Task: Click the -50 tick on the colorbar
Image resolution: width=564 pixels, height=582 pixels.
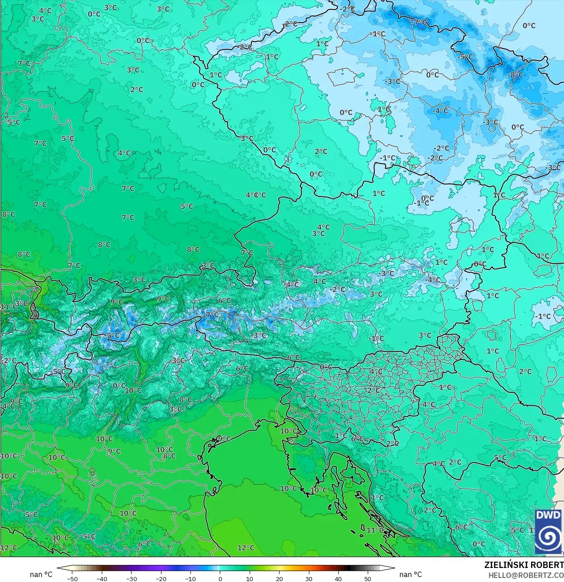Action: pyautogui.click(x=72, y=578)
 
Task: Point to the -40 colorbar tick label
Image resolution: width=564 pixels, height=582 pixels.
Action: pyautogui.click(x=102, y=578)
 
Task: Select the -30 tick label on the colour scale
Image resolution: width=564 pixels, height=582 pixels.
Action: pyautogui.click(x=131, y=578)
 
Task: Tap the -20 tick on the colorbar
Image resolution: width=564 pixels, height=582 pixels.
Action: pyautogui.click(x=161, y=578)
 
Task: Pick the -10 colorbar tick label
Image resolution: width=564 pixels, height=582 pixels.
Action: pyautogui.click(x=190, y=578)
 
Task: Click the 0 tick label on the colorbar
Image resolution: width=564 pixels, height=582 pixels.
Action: pyautogui.click(x=220, y=578)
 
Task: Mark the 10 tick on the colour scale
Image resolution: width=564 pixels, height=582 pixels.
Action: pyautogui.click(x=250, y=578)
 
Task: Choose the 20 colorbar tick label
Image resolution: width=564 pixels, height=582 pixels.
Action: pyautogui.click(x=279, y=578)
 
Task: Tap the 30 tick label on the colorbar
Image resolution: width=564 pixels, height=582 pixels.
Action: pyautogui.click(x=308, y=578)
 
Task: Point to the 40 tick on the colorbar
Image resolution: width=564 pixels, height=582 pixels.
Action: pyautogui.click(x=338, y=578)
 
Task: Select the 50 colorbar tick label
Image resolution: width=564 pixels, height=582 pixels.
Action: pyautogui.click(x=368, y=578)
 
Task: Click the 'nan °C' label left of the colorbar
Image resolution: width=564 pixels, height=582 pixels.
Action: pyautogui.click(x=41, y=574)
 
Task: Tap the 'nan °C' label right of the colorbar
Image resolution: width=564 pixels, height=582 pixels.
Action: pyautogui.click(x=410, y=574)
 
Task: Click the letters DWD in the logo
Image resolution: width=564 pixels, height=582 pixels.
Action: pyautogui.click(x=548, y=516)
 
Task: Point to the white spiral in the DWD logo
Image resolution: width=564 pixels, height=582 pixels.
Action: pyautogui.click(x=549, y=537)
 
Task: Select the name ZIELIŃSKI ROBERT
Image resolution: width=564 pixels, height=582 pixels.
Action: pyautogui.click(x=524, y=565)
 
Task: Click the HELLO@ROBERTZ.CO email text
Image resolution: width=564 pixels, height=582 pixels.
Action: pyautogui.click(x=526, y=575)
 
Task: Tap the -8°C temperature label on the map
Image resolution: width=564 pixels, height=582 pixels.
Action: pyautogui.click(x=517, y=75)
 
